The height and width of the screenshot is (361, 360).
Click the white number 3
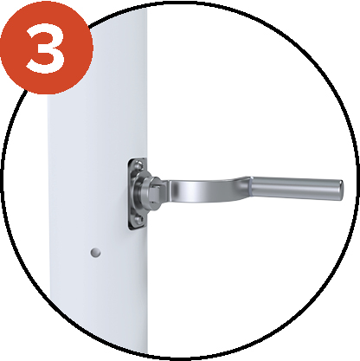coord(46,48)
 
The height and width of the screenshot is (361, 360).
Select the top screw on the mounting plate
coord(139,165)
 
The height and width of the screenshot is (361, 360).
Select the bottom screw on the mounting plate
coord(138,221)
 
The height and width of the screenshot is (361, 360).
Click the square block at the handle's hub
coord(155,191)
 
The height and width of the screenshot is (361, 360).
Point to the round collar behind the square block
coord(145,192)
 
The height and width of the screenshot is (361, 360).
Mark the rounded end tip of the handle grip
coord(341,190)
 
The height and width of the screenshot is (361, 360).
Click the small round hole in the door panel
coord(95,253)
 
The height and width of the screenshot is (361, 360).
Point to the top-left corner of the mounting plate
coord(130,159)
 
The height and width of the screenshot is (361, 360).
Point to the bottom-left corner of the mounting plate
coord(130,229)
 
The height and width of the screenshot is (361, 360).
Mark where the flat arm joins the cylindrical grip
coord(250,189)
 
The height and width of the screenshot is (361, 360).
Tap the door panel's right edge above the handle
coord(147,87)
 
